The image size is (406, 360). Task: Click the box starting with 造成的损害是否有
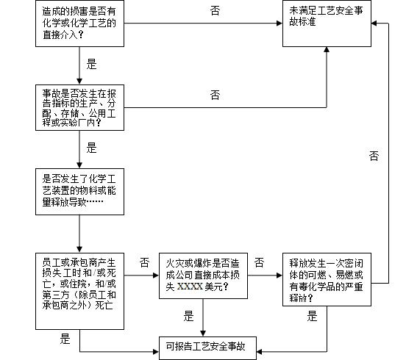pyautogui.click(x=79, y=24)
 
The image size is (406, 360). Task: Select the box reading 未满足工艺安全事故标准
pyautogui.click(x=327, y=24)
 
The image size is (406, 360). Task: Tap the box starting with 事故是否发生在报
pyautogui.click(x=79, y=107)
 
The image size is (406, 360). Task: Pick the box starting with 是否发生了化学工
pyautogui.click(x=79, y=192)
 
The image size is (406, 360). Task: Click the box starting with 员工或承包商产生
pyautogui.click(x=79, y=291)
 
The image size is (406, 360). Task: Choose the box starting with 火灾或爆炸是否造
pyautogui.click(x=203, y=276)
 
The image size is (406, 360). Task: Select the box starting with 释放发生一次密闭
pyautogui.click(x=327, y=280)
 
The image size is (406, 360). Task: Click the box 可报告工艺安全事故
pyautogui.click(x=207, y=348)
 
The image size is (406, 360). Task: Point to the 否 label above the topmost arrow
pyautogui.click(x=216, y=11)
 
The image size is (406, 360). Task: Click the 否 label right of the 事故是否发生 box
pyautogui.click(x=216, y=96)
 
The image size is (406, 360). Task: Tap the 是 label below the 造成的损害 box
pyautogui.click(x=91, y=64)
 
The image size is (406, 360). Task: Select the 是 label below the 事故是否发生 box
pyautogui.click(x=91, y=148)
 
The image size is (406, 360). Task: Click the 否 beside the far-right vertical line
pyautogui.click(x=374, y=156)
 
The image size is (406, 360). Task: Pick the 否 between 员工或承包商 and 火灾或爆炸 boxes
pyautogui.click(x=144, y=262)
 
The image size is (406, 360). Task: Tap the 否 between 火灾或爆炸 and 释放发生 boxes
pyautogui.click(x=259, y=262)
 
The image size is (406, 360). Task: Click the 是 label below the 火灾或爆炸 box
pyautogui.click(x=188, y=316)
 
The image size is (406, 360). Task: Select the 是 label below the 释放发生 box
pyautogui.click(x=312, y=316)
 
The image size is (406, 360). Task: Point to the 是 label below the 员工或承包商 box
pyautogui.click(x=65, y=339)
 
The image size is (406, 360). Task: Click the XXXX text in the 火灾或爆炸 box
pyautogui.click(x=190, y=287)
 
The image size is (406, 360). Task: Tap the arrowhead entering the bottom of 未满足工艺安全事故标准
pyautogui.click(x=327, y=50)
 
